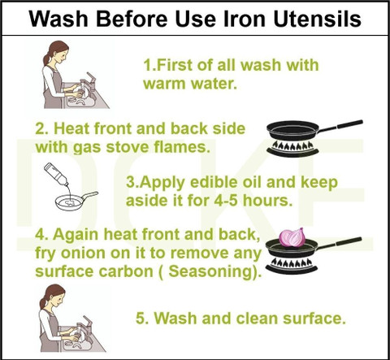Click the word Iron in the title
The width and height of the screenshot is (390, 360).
click(244, 19)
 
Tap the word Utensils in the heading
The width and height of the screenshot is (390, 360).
click(317, 19)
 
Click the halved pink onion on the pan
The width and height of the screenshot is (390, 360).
click(292, 237)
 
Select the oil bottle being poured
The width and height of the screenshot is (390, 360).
click(56, 174)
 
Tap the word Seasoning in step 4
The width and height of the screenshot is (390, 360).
click(210, 271)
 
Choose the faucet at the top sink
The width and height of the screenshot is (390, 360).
click(89, 83)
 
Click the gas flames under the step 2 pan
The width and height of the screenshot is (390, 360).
click(292, 145)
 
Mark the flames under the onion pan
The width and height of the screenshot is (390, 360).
click(292, 262)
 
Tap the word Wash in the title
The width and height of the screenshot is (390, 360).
click(58, 19)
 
